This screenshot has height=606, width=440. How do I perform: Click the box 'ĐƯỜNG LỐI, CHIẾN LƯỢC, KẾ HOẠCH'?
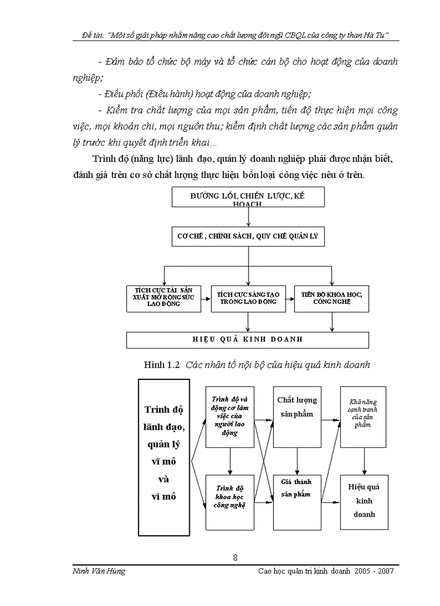click(248, 198)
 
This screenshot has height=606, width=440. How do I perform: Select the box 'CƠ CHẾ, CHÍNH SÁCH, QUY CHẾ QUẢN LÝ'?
click(248, 236)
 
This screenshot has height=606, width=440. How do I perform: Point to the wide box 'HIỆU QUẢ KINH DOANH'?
click(247, 340)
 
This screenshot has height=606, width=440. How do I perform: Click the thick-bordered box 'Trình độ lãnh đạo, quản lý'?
click(164, 457)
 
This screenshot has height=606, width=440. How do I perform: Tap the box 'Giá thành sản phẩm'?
click(297, 502)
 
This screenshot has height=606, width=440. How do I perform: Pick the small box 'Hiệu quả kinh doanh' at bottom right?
click(363, 502)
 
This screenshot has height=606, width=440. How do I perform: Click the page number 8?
click(236, 558)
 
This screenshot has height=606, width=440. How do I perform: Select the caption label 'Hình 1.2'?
click(161, 365)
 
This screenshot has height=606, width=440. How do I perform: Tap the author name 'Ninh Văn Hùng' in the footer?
click(99, 571)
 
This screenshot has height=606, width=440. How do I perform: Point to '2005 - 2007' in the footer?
click(374, 571)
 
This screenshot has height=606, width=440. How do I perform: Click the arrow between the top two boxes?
click(248, 217)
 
